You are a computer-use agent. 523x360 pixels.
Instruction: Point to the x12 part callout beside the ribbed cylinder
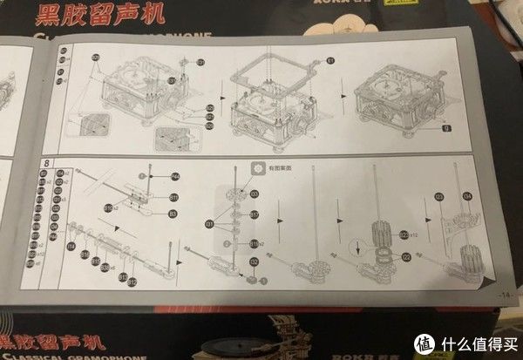[406, 233]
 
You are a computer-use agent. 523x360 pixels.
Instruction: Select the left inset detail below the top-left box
[91, 127]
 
